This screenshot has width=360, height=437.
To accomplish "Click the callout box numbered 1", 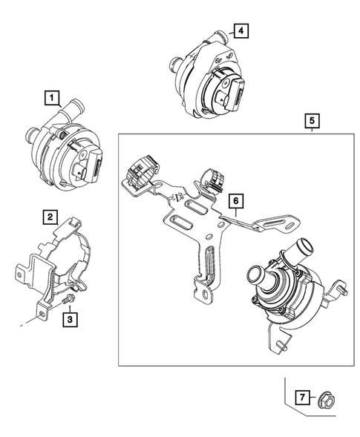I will [51, 96].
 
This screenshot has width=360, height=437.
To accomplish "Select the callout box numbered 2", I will [50, 217].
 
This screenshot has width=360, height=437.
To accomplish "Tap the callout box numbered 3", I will [68, 320].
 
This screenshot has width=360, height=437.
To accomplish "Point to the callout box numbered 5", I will [312, 119].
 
